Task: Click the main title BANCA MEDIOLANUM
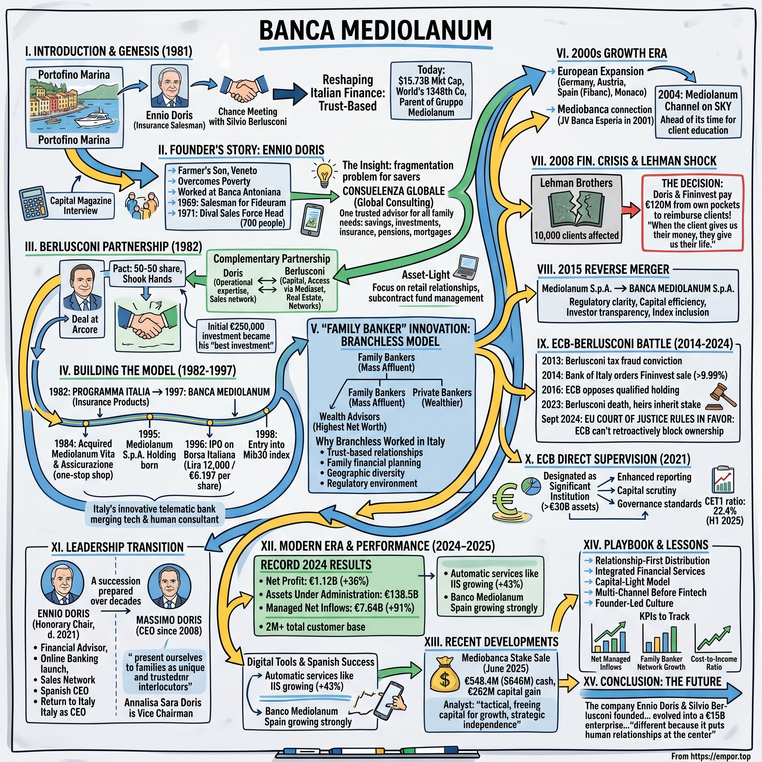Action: (x=375, y=31)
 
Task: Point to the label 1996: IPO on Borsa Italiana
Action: (x=209, y=449)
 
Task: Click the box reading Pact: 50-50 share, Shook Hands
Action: (x=147, y=274)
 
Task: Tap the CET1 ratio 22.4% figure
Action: (x=724, y=511)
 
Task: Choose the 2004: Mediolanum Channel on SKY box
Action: (x=698, y=112)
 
